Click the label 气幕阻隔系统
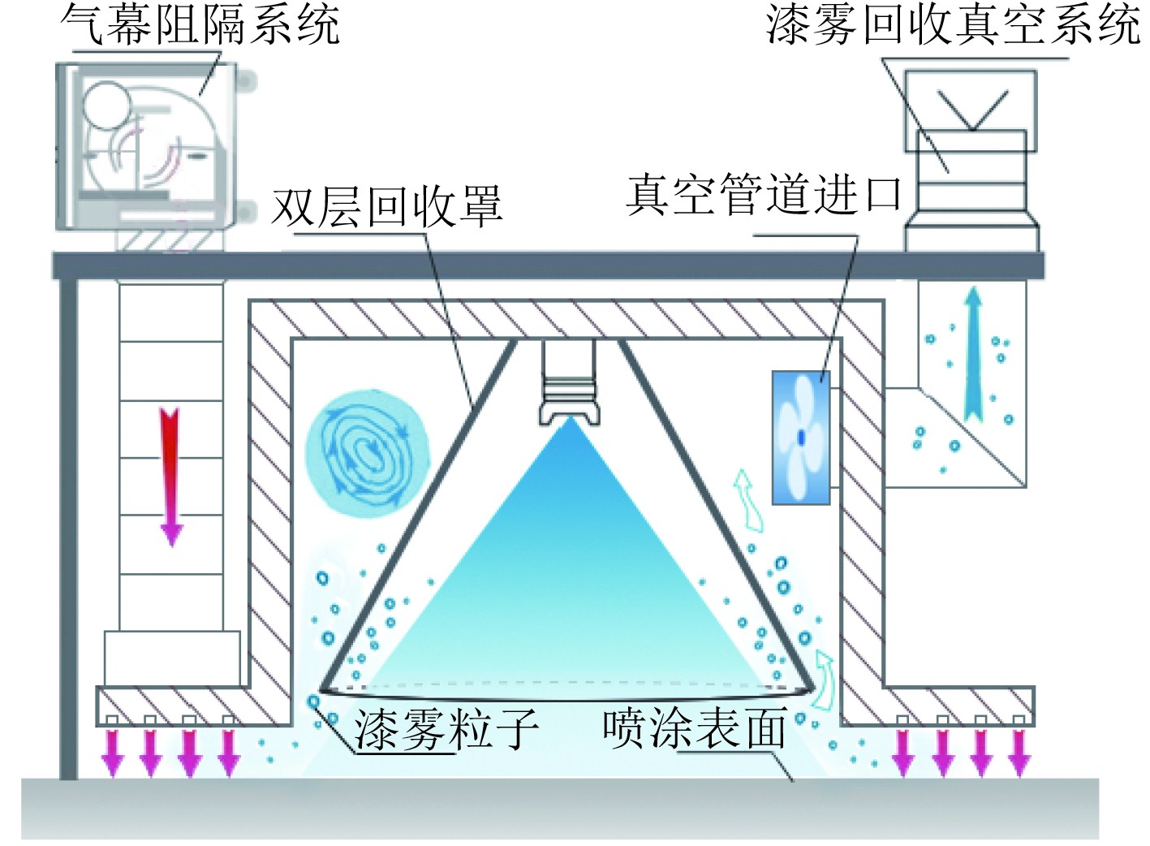click(x=200, y=24)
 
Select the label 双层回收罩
click(x=386, y=207)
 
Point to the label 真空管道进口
click(x=764, y=195)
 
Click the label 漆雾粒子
click(x=446, y=728)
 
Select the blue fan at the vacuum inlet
click(x=800, y=438)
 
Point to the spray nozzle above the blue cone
click(x=571, y=382)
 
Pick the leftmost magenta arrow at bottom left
click(x=112, y=753)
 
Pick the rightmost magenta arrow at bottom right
click(x=1019, y=753)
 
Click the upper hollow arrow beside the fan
click(x=747, y=498)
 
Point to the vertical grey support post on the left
click(x=69, y=528)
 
